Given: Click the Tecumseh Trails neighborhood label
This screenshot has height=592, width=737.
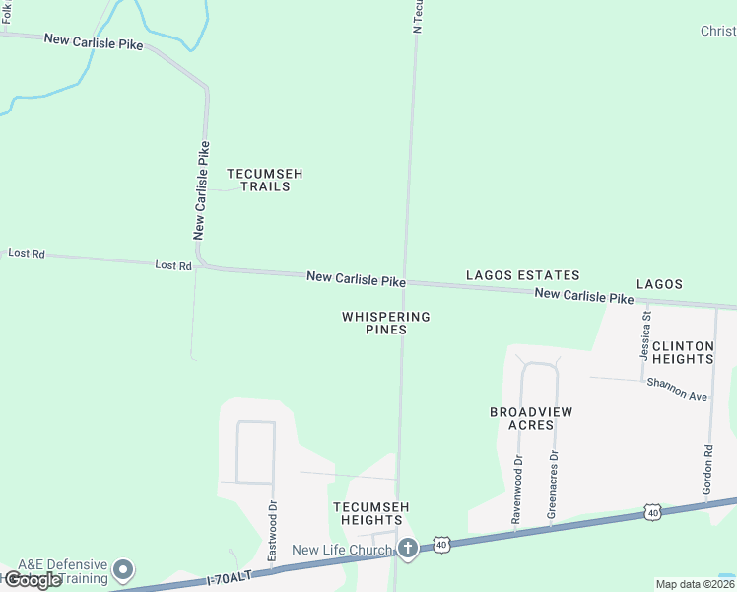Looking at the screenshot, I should pos(264,180).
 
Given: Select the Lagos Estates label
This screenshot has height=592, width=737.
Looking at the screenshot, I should pos(522,275).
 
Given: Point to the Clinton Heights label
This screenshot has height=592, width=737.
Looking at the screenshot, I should pos(682,352).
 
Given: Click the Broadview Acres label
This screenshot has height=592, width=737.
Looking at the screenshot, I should pos(531,418).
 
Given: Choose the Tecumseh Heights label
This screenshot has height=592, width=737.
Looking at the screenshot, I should pos(370,513).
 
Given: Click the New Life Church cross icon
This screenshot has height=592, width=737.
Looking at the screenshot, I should pos(408,548).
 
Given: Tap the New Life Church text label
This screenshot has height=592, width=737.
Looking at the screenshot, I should pos(342,550).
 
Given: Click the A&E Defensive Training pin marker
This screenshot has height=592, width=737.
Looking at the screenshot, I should pos(123,569).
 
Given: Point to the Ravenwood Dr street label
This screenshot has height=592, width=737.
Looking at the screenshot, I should pos(516,487).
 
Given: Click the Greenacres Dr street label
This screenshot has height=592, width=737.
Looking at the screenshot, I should pos(553,484).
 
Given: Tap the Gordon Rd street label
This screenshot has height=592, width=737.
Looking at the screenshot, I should pos(707,469).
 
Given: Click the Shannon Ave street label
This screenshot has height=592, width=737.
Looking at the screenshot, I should pos(678,389).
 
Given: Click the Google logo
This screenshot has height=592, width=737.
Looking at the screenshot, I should pos(33,580).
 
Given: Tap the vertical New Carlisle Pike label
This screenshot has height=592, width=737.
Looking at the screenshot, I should pos(202,190).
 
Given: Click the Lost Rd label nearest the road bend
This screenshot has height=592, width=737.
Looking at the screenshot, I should pos(173,265).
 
